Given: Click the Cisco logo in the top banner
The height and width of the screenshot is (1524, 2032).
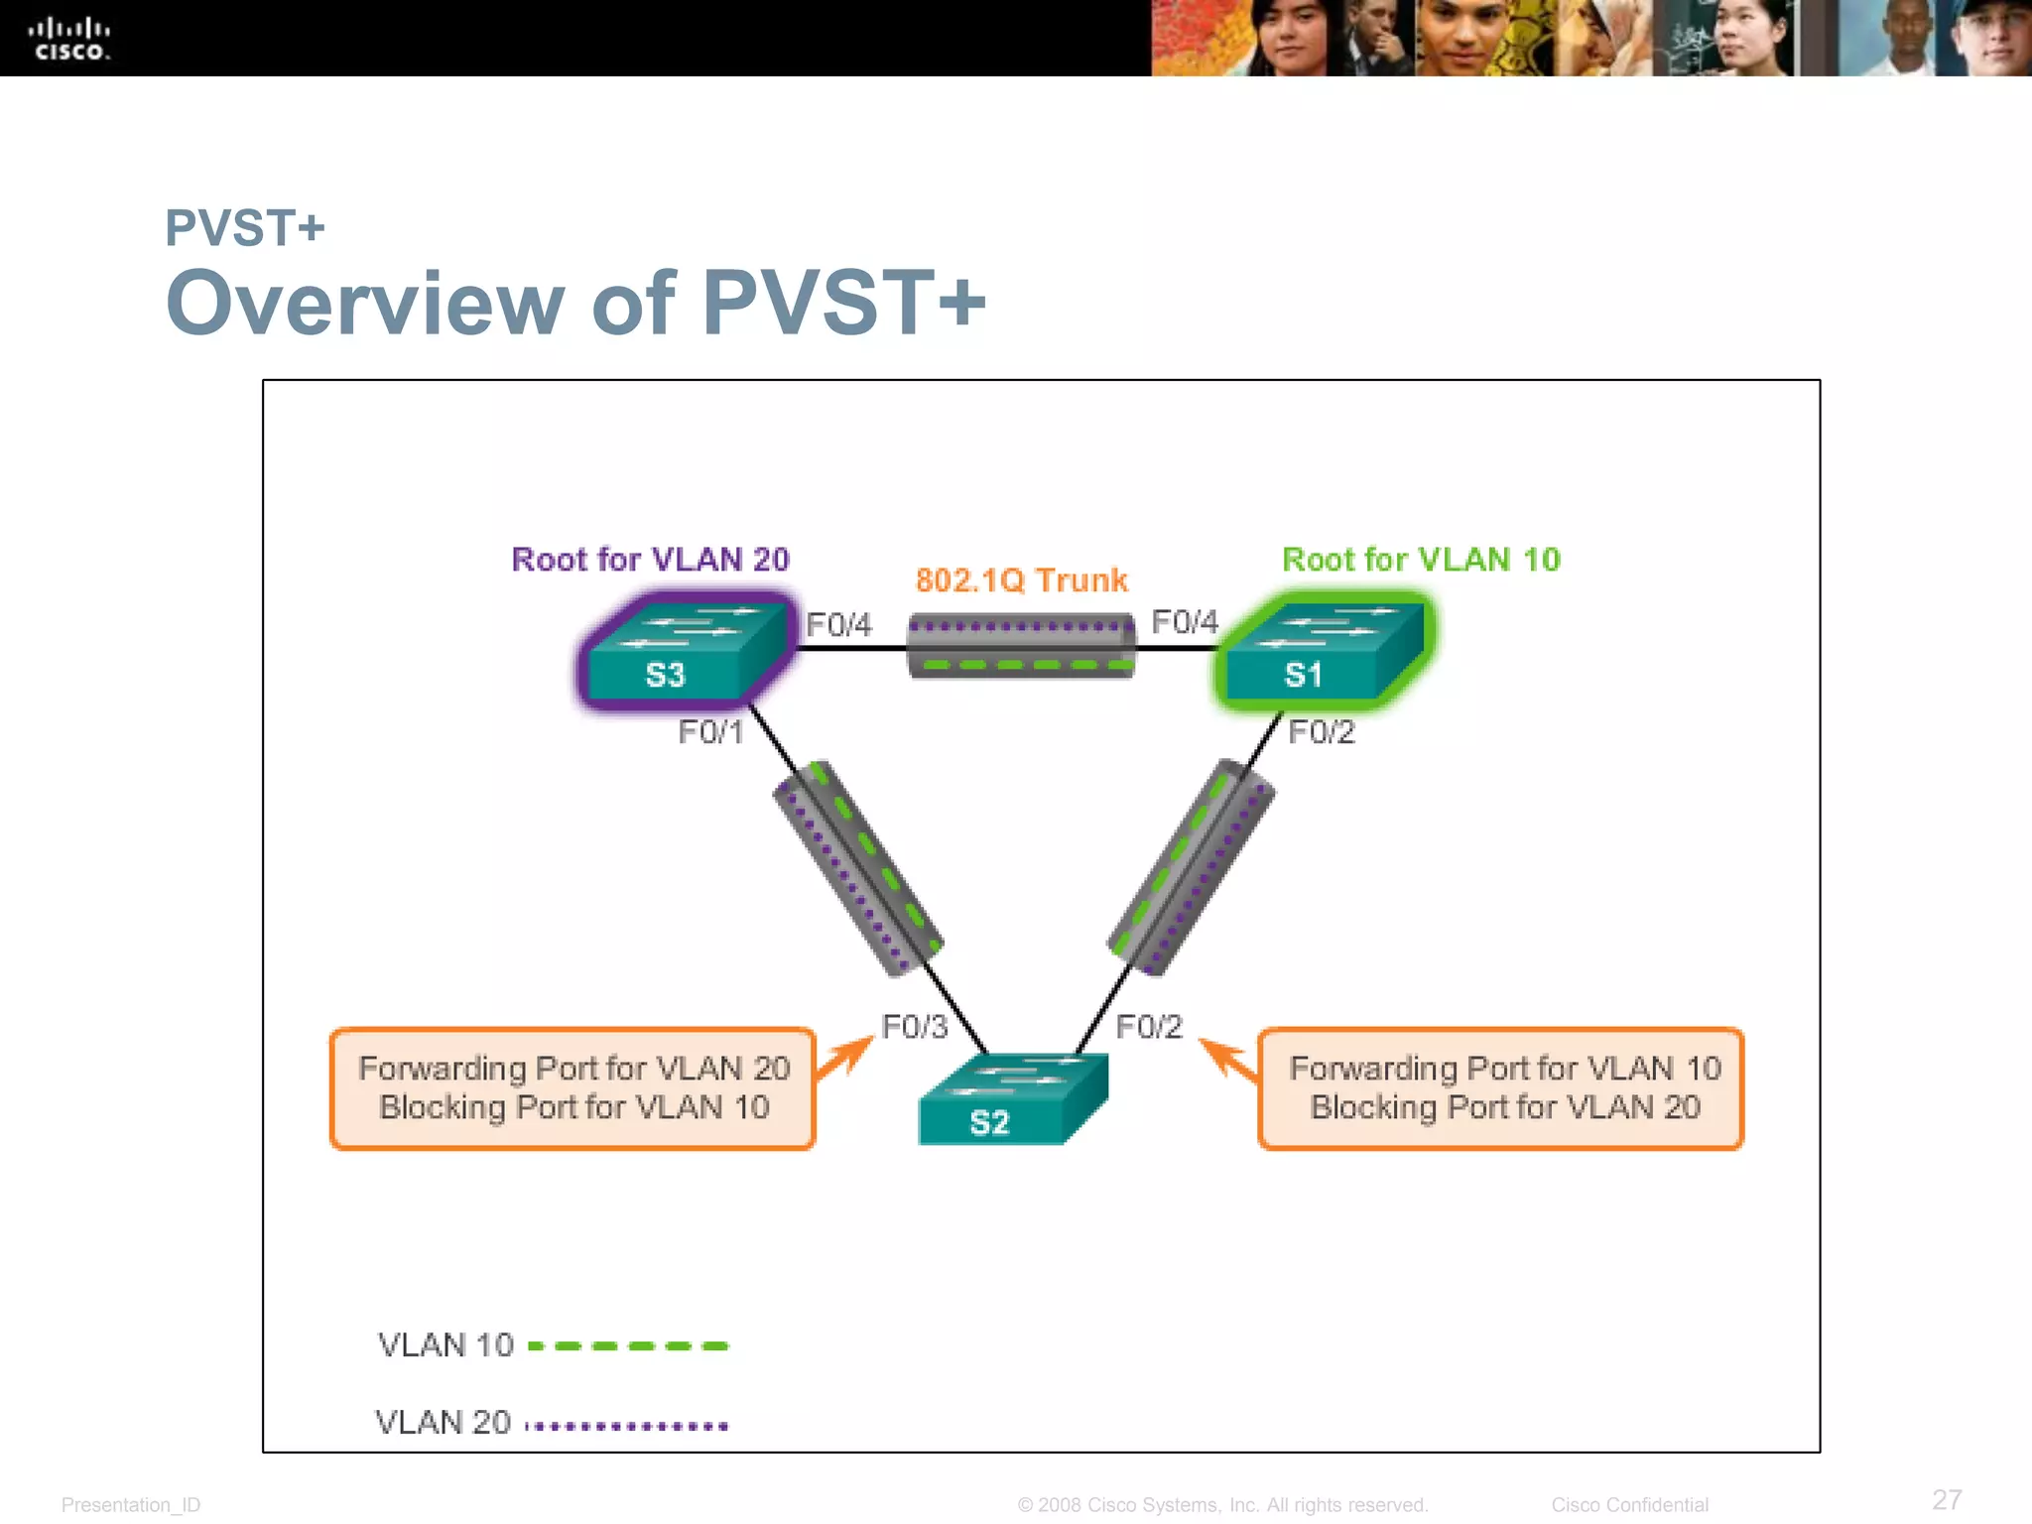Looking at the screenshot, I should [68, 40].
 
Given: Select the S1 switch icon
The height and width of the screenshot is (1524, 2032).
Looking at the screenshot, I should [1323, 651].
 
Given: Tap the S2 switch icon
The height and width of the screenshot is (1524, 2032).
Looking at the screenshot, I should [1011, 1099].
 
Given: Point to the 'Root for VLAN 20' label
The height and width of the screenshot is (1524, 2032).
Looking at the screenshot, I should [650, 560].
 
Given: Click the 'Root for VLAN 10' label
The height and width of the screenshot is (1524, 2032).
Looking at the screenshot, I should [1421, 560].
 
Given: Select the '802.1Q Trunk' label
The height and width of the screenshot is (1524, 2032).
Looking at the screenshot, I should [1021, 580].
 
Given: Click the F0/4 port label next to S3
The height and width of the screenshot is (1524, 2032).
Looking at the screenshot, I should [838, 625].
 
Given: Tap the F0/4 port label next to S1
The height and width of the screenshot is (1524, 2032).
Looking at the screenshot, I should [1184, 622].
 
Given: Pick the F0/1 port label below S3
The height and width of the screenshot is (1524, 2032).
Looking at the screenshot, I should [710, 732].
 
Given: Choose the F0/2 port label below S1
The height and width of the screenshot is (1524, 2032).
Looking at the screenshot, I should [1321, 732].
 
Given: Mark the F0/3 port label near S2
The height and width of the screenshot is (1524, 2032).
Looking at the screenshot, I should [915, 1027].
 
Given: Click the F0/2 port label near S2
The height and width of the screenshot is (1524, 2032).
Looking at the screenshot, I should [1149, 1027].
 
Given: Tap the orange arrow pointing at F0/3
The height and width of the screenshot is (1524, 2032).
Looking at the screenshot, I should [845, 1058].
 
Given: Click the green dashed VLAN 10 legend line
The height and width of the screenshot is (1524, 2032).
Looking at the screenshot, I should [628, 1346].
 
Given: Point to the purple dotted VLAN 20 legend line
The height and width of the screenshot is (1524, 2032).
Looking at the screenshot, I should [627, 1426].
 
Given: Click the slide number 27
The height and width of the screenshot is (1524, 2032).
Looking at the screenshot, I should [1947, 1499].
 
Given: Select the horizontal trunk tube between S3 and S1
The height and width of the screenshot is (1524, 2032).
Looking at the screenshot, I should [1021, 646].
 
